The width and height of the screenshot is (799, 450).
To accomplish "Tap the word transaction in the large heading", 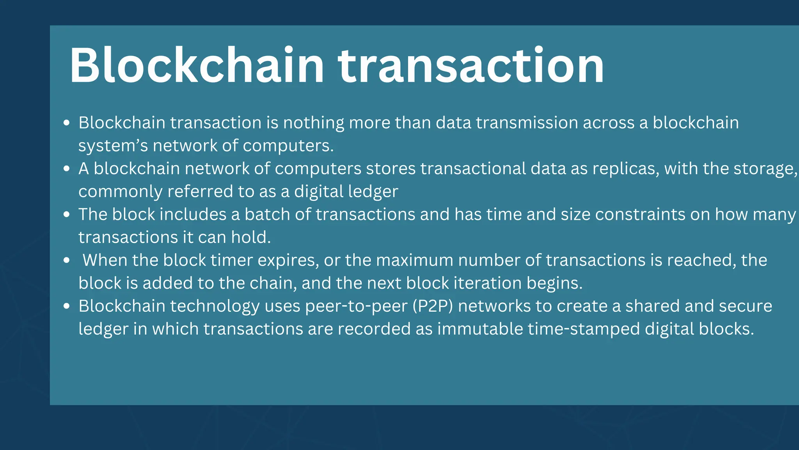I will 471,65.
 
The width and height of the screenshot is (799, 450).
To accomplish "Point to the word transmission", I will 527,123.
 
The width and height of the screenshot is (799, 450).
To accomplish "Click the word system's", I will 113,146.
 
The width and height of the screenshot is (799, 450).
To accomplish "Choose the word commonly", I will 120,191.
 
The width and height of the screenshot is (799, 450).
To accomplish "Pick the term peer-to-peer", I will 356,306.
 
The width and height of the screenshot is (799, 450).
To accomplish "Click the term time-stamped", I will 584,329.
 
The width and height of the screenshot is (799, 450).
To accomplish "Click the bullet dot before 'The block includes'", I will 67,214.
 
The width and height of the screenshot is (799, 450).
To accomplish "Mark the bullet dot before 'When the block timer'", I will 67,260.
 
